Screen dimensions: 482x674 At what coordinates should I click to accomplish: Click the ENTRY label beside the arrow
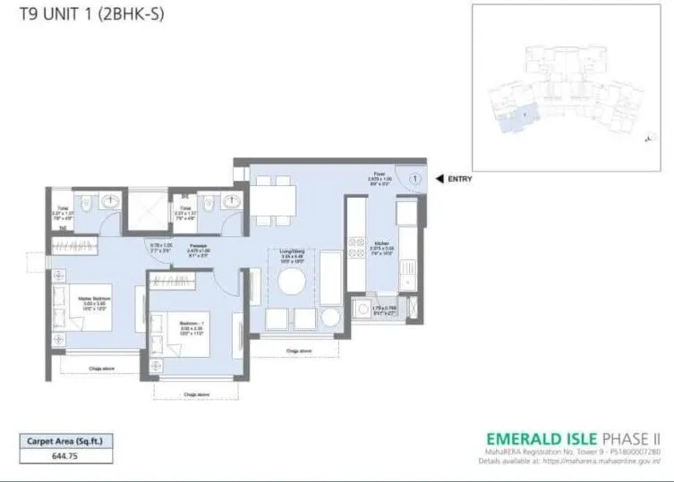tap(460, 179)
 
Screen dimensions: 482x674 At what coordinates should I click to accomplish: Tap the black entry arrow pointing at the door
tap(439, 179)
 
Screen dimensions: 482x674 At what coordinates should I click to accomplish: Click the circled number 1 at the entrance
tap(416, 179)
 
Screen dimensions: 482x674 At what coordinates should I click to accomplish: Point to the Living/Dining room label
tap(292, 254)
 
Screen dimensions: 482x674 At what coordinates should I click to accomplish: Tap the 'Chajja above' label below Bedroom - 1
tap(195, 393)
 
